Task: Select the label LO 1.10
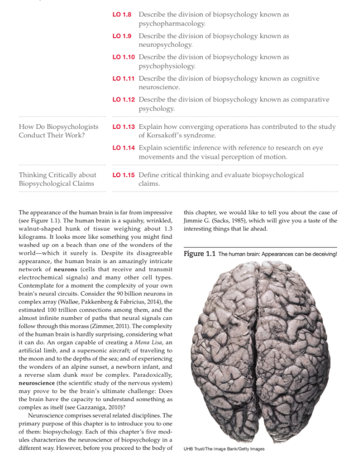[124, 57]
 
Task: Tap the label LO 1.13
[124, 127]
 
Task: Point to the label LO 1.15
[124, 175]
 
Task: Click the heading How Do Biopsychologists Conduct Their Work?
[58, 131]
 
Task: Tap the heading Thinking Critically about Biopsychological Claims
[57, 179]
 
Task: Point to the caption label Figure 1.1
[200, 254]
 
